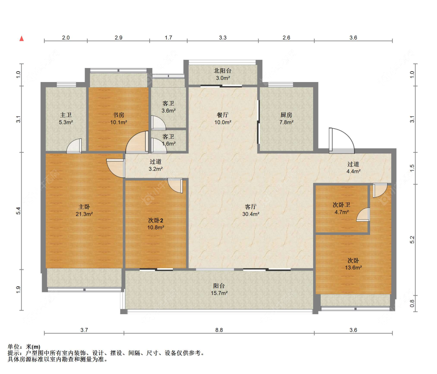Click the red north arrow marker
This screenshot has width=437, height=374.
(x=21, y=38)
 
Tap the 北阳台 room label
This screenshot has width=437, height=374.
(x=223, y=71)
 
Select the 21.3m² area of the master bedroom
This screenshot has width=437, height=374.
(x=84, y=214)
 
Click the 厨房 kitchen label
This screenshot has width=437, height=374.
(x=286, y=115)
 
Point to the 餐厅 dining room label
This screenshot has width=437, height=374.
(x=223, y=115)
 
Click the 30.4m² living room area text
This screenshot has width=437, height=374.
(x=251, y=214)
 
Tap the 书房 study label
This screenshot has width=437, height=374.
(x=118, y=115)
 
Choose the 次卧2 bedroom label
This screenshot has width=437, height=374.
(x=155, y=220)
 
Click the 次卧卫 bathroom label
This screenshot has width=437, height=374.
(x=341, y=205)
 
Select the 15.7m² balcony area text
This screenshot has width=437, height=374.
(x=219, y=293)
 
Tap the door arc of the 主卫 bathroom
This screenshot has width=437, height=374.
(x=74, y=145)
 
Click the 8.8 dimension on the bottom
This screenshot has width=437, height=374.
(x=219, y=330)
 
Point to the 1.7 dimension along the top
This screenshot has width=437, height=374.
(x=168, y=38)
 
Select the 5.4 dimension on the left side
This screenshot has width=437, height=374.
(x=18, y=211)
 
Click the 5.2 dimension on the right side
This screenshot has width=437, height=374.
(x=412, y=240)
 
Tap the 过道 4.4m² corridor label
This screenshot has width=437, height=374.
(x=353, y=168)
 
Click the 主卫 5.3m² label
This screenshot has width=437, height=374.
(x=66, y=119)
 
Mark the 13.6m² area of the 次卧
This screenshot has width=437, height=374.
(x=353, y=268)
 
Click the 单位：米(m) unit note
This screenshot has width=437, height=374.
(x=24, y=347)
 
